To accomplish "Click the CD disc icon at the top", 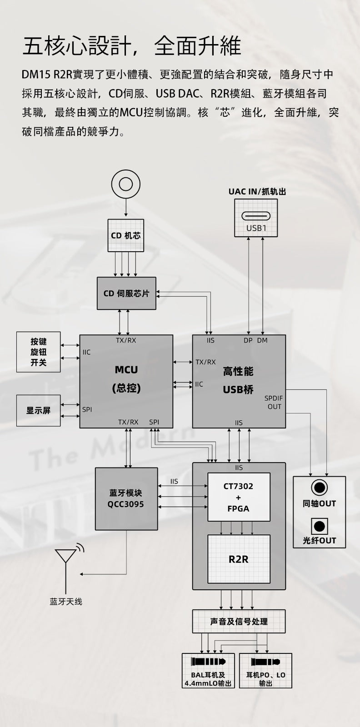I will [126, 184].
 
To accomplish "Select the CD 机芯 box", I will [126, 235].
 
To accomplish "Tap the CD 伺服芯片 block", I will [126, 294].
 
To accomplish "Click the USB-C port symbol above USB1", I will [256, 215].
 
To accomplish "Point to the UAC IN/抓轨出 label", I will [257, 192].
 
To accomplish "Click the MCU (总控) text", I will [126, 379].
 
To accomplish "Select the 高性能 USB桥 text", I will [238, 381].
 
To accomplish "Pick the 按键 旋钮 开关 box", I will [39, 352].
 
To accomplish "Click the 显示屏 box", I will [39, 411].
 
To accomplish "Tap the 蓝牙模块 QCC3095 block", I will [126, 498].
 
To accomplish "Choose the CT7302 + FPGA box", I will [239, 497].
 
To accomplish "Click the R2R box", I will [239, 559].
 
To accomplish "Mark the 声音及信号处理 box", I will [239, 622].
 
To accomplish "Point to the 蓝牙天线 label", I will [66, 602].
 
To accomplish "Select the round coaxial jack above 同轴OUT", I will [319, 488].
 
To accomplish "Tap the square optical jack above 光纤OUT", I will [319, 526].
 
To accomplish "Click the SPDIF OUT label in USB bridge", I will [274, 402].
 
